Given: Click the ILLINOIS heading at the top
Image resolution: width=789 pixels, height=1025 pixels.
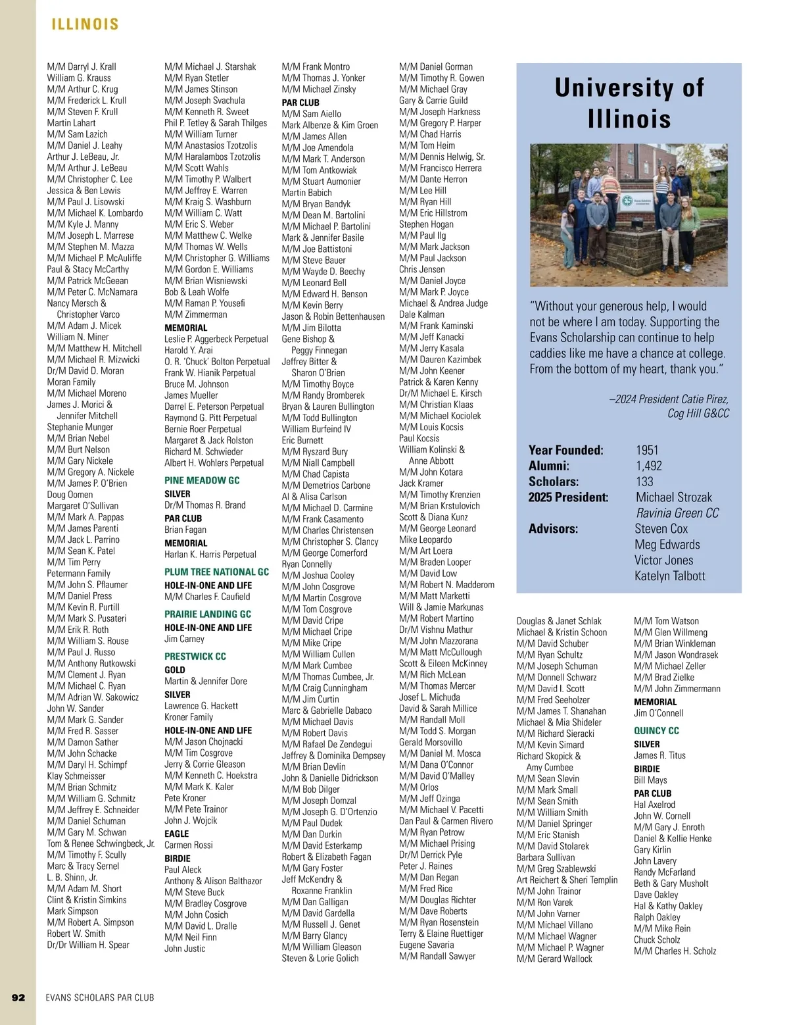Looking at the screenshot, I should (85, 24).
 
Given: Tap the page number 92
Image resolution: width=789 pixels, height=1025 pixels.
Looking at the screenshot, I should (18, 997).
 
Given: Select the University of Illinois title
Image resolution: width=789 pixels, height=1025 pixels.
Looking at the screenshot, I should (629, 103).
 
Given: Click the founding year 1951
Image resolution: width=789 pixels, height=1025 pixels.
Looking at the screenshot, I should (647, 450).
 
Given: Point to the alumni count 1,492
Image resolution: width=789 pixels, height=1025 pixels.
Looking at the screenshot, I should (649, 466).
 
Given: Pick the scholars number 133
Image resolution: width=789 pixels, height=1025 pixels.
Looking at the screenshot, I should (644, 482).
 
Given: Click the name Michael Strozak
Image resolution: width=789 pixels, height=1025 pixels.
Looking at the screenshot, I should (673, 497).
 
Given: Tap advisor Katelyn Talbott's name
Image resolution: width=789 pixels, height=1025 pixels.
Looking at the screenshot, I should (669, 576).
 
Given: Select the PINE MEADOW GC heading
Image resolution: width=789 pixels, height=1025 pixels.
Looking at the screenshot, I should (202, 480).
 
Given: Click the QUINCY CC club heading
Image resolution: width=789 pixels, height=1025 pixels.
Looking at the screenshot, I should (656, 730).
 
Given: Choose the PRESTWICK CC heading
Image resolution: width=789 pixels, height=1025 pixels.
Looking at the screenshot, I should (195, 657).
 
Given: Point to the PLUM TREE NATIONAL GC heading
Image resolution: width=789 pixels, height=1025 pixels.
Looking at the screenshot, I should (216, 572).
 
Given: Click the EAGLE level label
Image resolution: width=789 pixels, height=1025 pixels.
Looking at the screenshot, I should (177, 834).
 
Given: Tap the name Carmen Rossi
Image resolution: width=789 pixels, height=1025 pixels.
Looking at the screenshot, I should (189, 845).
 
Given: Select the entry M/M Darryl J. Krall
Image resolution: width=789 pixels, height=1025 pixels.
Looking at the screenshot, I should (82, 66).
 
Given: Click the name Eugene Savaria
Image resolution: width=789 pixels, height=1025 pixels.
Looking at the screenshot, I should (426, 945).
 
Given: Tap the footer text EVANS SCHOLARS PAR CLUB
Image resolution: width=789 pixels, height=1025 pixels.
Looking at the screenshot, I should (100, 997).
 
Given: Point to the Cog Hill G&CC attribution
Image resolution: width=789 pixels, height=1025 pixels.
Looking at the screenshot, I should (698, 413).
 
